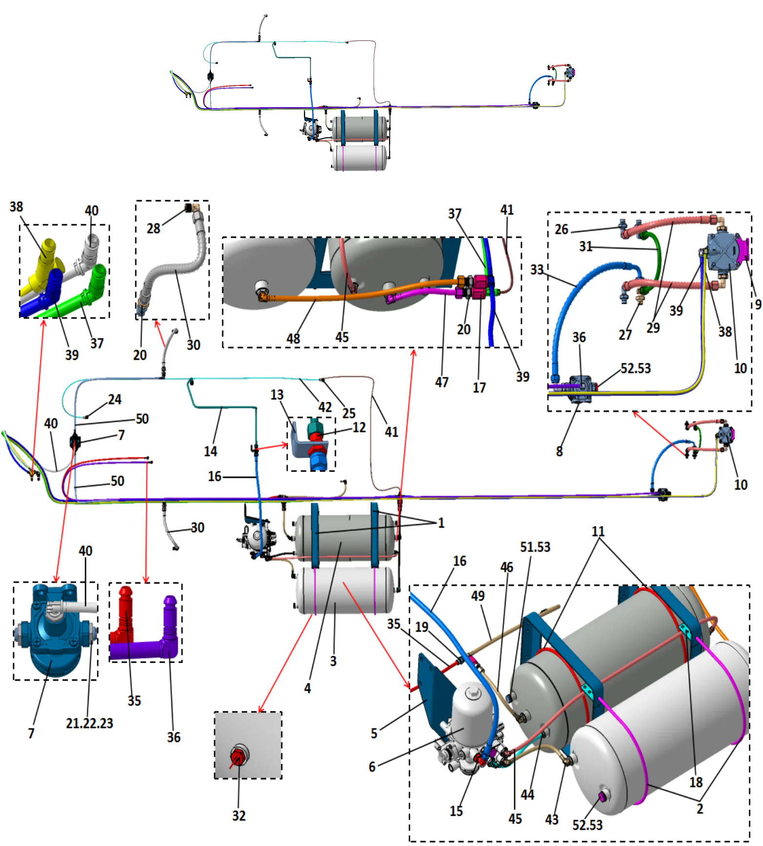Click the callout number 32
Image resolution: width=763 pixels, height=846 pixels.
point(239,816)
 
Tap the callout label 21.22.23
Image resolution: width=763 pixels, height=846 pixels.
point(89,723)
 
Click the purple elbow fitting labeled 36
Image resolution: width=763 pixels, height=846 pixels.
point(169,629)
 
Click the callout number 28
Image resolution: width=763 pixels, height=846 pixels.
point(153,228)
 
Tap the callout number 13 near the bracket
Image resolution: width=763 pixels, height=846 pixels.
point(277,394)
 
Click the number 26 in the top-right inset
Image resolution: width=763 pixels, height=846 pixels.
point(561,229)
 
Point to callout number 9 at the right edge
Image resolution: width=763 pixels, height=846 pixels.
point(758,304)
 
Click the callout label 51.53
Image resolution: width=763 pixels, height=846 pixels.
point(535,547)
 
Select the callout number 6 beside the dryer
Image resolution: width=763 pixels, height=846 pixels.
point(372,767)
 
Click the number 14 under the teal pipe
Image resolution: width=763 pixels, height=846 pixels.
point(210,451)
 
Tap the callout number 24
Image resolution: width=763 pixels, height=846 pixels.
point(115,399)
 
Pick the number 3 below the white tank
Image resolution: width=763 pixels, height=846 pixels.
point(333,661)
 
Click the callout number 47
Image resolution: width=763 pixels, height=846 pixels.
point(442,382)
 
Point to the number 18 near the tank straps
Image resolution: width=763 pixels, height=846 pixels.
point(696,782)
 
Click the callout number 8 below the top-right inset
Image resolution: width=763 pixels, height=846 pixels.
point(559,451)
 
